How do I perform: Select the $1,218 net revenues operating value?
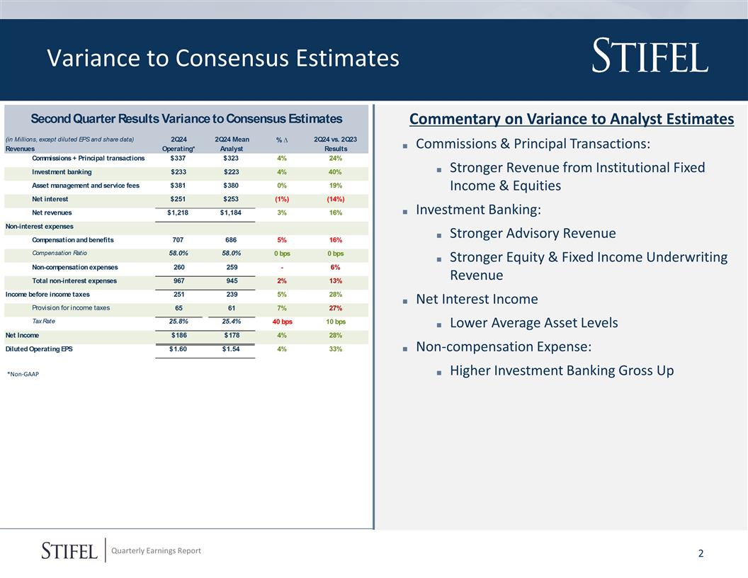178,212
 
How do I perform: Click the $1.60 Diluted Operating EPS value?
178,348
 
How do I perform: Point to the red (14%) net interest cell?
336,199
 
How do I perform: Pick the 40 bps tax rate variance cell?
283,322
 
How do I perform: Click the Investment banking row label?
62,172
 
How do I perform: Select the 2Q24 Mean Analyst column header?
231,144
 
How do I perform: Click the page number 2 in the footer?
701,553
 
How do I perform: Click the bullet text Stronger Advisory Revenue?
533,233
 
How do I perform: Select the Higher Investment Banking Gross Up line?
562,370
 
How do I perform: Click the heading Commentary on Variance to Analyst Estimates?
572,119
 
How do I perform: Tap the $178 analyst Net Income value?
231,335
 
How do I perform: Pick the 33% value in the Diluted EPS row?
336,348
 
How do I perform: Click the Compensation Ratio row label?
59,254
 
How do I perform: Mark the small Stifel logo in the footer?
69,550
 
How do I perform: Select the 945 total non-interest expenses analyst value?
231,281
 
